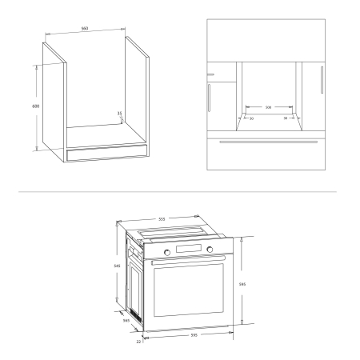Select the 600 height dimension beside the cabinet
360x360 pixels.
click(x=36, y=106)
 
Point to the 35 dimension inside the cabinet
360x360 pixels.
click(x=119, y=114)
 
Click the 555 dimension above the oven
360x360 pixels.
click(x=161, y=218)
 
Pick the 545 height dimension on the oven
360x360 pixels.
click(x=118, y=266)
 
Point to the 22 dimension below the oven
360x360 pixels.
click(x=138, y=342)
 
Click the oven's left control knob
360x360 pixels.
click(x=167, y=252)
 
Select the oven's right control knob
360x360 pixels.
click(x=210, y=252)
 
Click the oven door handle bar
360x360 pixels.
click(x=189, y=261)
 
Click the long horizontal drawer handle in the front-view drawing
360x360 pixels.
click(x=263, y=142)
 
